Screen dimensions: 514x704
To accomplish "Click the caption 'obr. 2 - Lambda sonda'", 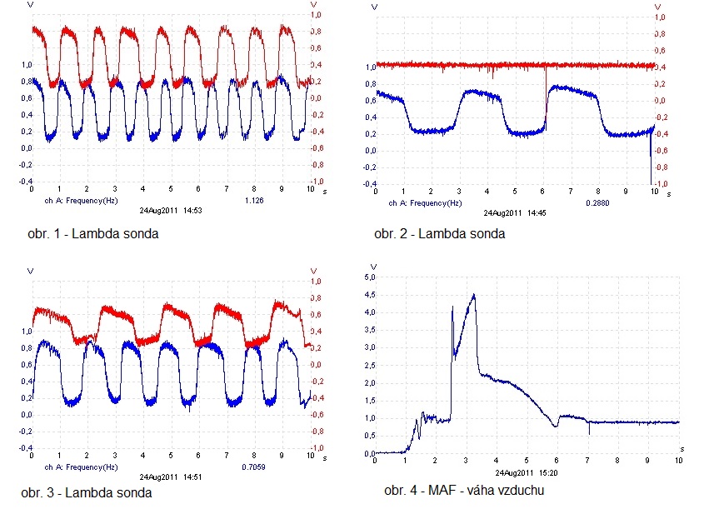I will [439, 233].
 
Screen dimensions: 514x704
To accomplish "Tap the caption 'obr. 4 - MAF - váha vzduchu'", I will [464, 491].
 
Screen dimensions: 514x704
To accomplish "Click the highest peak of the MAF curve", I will [474, 294].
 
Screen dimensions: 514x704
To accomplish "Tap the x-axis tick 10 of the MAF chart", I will [678, 460].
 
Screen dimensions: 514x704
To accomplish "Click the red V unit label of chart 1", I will [314, 4].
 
